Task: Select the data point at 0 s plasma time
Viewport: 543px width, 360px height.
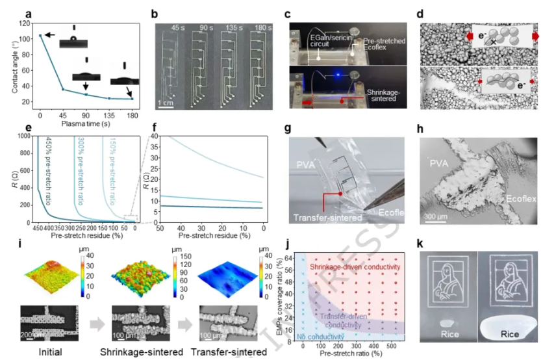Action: pyautogui.click(x=41, y=36)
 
